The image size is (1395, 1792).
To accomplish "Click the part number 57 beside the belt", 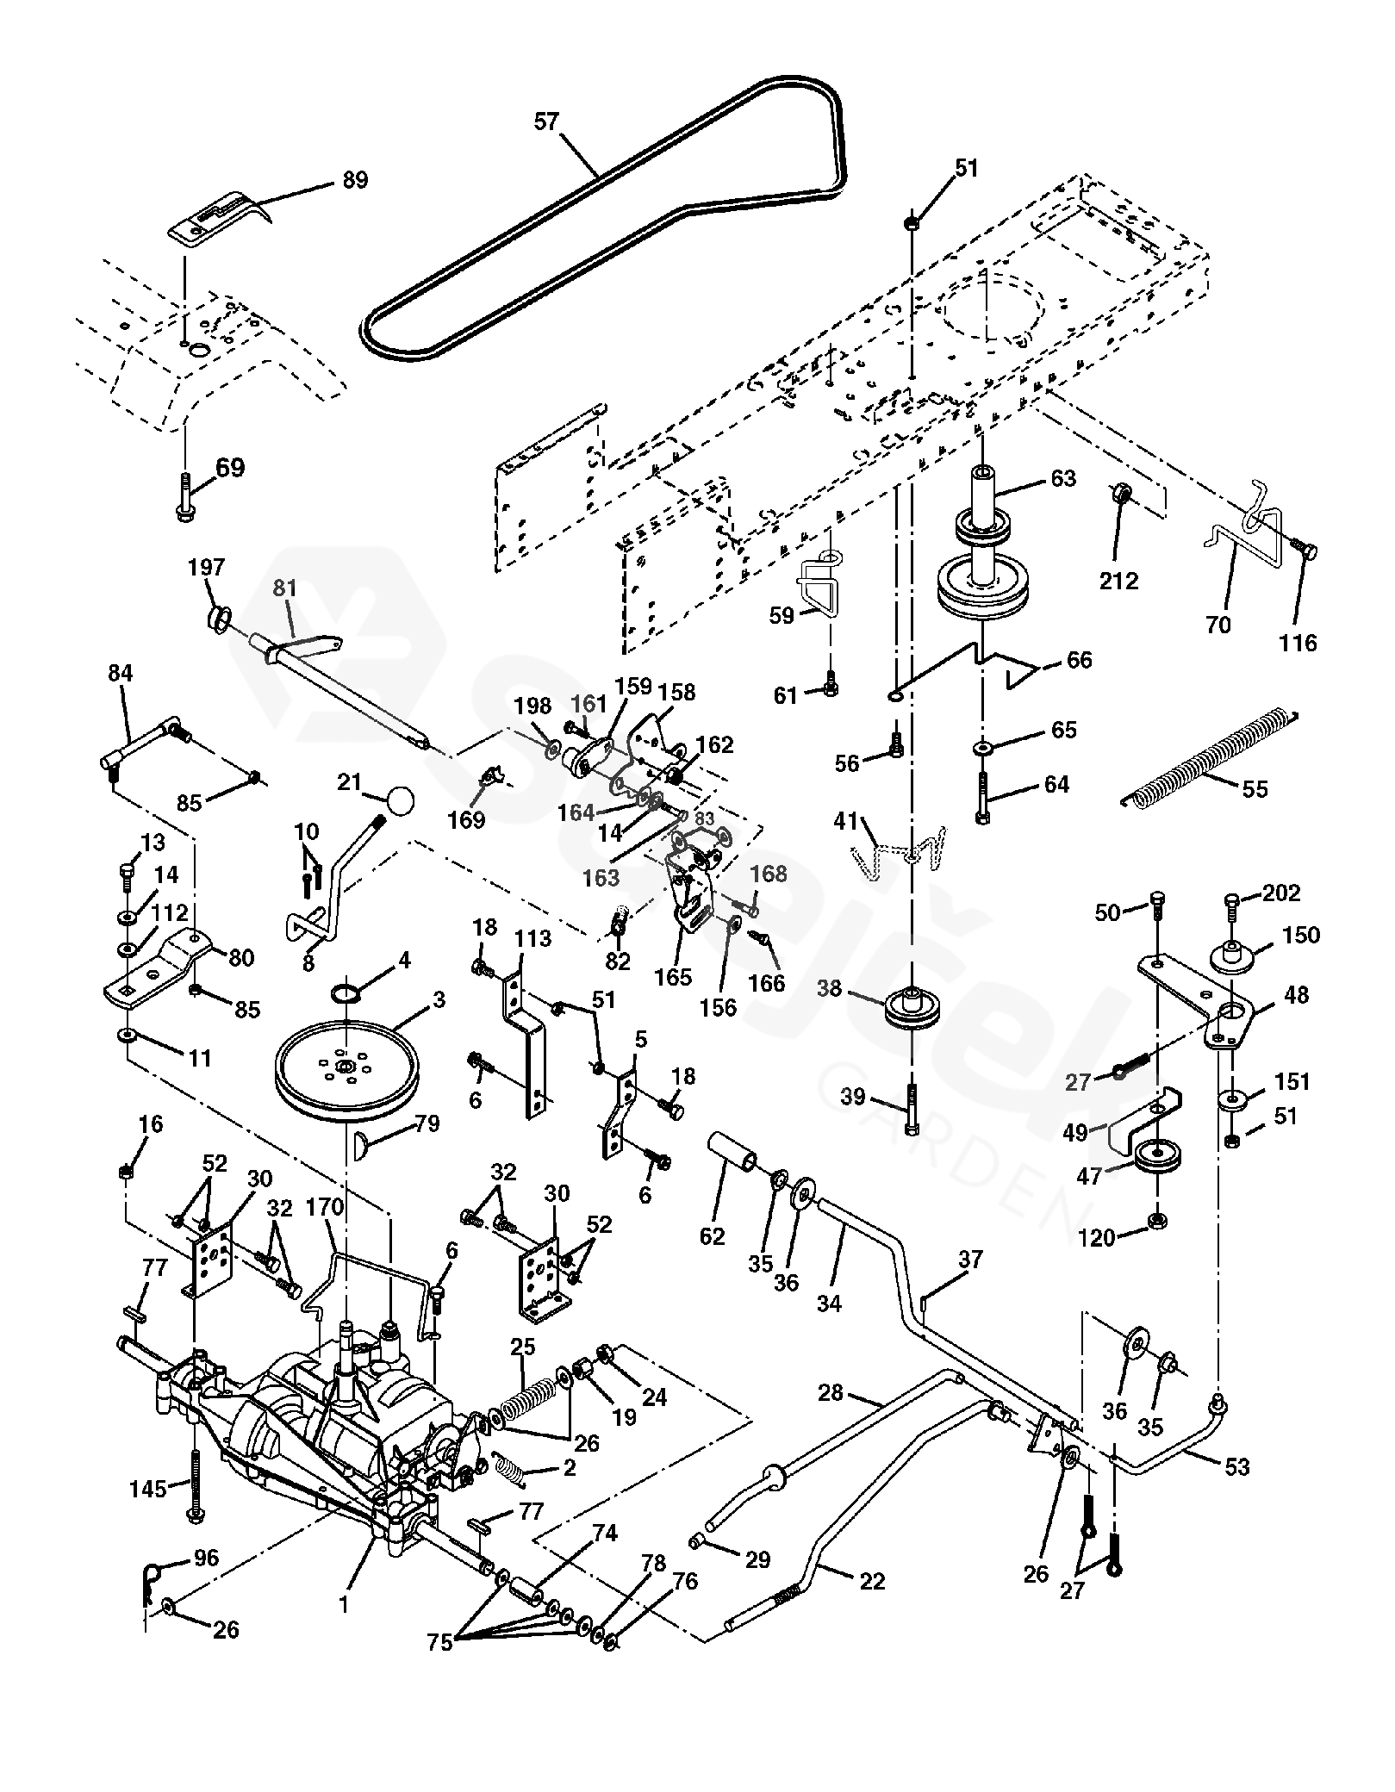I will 546,121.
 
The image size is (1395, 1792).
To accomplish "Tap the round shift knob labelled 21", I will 400,801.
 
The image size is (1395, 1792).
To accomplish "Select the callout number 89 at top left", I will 355,180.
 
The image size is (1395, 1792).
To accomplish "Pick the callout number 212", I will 1119,581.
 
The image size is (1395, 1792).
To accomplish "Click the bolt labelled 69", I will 184,497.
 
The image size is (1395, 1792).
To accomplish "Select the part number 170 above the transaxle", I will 324,1206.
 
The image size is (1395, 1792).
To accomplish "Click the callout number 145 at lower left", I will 147,1488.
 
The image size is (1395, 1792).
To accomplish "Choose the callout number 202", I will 1281,893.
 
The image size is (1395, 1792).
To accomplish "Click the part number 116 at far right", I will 1298,643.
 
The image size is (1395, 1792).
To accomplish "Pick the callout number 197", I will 207,567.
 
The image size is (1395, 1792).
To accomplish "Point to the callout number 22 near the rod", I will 872,1582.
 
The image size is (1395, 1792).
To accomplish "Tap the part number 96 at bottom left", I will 206,1559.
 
